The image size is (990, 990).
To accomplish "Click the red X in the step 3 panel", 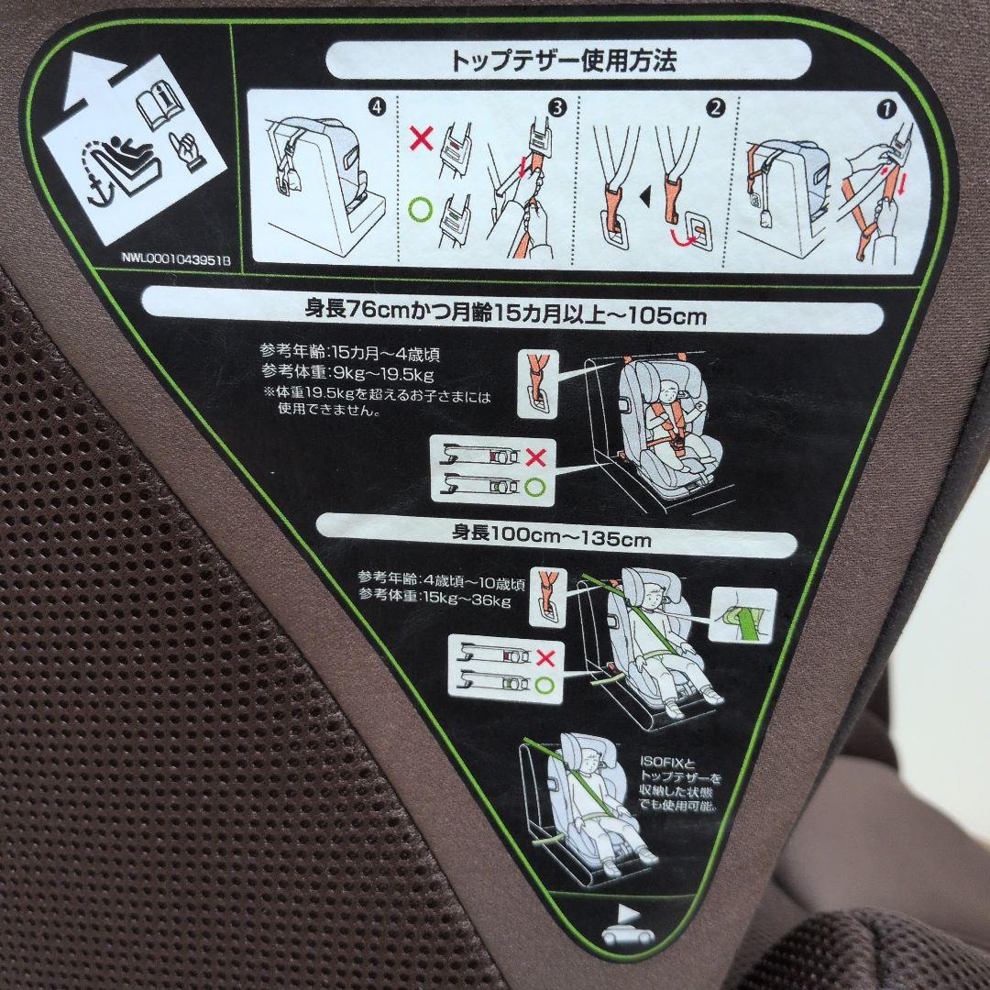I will pos(421,139).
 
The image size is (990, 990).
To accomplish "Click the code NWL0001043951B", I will pos(176,259).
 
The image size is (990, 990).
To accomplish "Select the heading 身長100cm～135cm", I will pos(551,539).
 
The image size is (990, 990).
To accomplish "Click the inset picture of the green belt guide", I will pos(743,619).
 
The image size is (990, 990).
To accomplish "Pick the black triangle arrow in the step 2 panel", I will pos(645,195).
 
